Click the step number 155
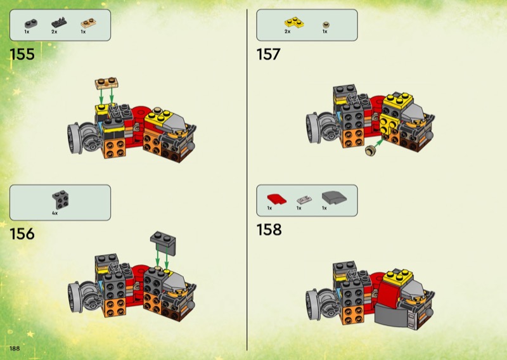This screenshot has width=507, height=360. point(22,54)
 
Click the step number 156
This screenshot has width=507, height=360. point(22,233)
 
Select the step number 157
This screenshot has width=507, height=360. point(268,54)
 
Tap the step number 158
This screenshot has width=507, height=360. point(269,229)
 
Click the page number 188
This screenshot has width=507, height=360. point(15,349)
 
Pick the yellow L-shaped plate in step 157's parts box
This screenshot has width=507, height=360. point(294,22)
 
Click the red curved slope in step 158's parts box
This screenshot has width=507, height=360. point(277,199)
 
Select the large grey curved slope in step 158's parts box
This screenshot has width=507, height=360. point(334,197)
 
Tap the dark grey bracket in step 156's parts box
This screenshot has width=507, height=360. point(60,200)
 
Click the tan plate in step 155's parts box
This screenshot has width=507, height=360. point(88,23)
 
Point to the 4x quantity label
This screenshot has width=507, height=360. point(55,213)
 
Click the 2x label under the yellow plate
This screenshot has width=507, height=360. point(288,32)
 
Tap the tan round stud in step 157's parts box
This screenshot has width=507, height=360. point(326,25)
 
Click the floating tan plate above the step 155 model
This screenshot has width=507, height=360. point(106,83)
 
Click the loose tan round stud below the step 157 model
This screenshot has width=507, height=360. point(371,150)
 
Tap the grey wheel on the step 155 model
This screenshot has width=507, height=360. point(74,138)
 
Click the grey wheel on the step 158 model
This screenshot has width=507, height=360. point(312,304)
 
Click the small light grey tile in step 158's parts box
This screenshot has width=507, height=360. point(304,199)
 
